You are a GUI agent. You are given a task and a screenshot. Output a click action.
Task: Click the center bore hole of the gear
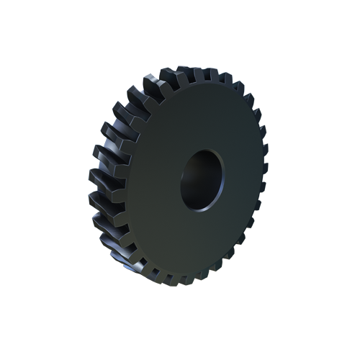coord(202,179)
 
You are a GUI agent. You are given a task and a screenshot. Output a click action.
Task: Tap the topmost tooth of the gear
coord(189,73)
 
